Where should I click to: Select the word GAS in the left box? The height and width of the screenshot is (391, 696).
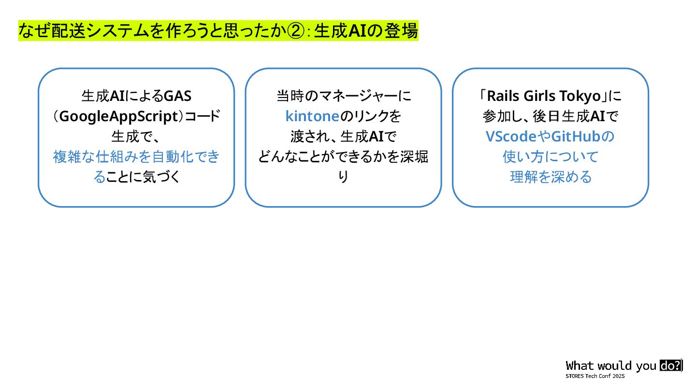pos(177,96)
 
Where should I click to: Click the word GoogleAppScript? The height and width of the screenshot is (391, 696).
pos(118,116)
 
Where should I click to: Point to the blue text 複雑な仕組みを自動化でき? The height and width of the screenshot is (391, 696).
pos(136,157)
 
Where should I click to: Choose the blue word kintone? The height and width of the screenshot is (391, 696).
pos(312,116)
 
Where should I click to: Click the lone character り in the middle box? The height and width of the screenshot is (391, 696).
pos(343,177)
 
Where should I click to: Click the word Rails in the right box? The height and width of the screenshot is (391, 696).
pos(505,96)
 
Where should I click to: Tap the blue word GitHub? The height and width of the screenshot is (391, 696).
pos(575,137)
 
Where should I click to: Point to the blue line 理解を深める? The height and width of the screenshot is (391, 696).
pos(551,177)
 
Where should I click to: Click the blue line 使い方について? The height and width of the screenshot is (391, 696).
pos(551,157)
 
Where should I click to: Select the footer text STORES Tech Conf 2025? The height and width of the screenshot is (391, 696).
pos(595,376)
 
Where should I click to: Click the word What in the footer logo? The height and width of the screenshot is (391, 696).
pos(580,366)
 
